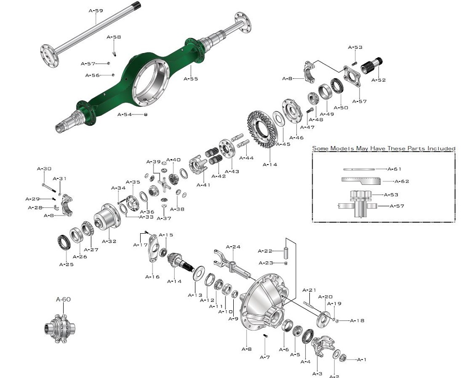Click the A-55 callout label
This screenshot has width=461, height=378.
(191, 79)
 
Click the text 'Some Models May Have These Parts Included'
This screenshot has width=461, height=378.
(384, 148)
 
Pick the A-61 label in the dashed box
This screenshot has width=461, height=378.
(395, 169)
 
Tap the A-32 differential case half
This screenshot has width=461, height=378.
(106, 217)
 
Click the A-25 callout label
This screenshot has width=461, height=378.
(66, 264)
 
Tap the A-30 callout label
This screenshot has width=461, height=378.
(44, 169)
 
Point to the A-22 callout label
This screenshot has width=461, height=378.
(265, 251)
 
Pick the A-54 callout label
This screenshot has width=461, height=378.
(124, 114)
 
